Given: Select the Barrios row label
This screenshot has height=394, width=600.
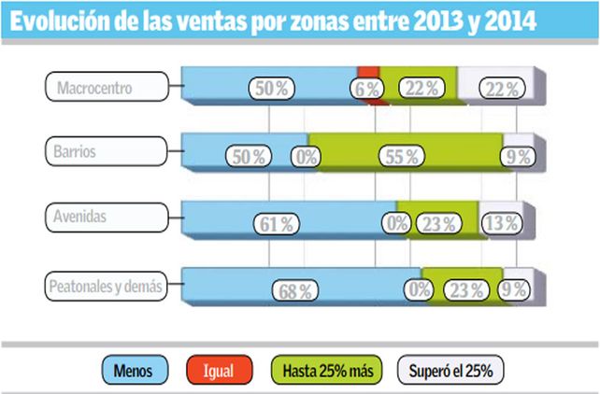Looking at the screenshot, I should pos(105,149).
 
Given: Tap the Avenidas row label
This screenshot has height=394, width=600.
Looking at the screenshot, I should pos(105,217).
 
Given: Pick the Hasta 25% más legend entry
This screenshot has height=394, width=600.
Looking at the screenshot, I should pos(325,371).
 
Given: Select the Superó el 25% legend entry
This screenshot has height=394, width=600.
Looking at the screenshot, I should pos(447,371).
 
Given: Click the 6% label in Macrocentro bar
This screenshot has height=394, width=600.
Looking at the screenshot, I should pos(365,89).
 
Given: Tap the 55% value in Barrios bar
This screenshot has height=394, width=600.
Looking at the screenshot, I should pos(398,157).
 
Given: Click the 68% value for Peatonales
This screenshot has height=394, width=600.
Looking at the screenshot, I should pos(293,290).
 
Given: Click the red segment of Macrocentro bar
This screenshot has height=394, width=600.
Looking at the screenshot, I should pos(368,71).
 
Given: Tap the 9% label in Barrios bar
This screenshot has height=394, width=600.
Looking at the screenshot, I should pos(517,157).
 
